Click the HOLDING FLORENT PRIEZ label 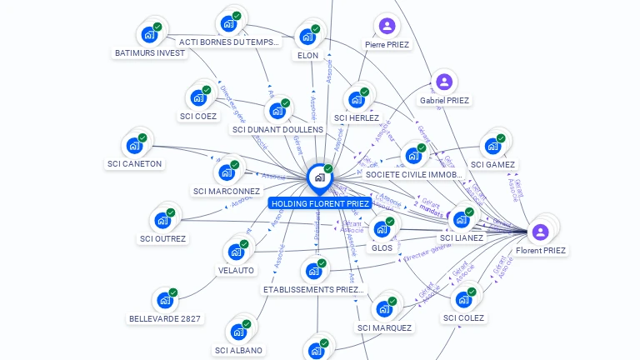pos(319,203)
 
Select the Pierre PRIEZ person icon pos(387,26)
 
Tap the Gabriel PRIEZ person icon pos(444,82)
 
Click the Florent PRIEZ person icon pos(540,231)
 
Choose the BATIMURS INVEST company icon pos(149,35)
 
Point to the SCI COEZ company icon pos(198,97)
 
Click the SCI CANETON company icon pos(133,145)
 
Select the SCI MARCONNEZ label pos(227,192)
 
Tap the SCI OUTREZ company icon pos(162,221)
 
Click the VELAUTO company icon pos(236,252)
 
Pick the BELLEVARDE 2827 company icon pos(164,300)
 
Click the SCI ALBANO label pos(238,351)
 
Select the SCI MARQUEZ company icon pos(384,308)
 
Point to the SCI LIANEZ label pos(462,238)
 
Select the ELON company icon pos(307,37)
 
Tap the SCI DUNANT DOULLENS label pos(277,129)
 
